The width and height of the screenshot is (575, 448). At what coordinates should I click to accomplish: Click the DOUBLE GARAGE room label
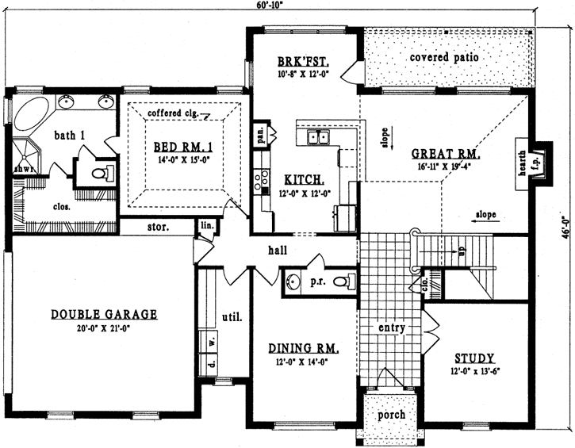tap(104, 314)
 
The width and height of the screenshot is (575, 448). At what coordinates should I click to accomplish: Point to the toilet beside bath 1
tap(100, 172)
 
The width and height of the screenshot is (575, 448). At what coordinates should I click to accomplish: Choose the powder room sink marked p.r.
tap(294, 281)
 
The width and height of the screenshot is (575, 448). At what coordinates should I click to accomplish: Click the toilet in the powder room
tap(343, 281)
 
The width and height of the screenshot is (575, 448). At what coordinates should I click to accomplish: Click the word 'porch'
tap(391, 415)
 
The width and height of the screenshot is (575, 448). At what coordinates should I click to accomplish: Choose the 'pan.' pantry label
tap(259, 135)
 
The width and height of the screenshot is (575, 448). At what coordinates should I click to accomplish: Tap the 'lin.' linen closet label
tap(207, 226)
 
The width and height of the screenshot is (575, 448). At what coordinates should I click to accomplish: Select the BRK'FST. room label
tap(304, 61)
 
